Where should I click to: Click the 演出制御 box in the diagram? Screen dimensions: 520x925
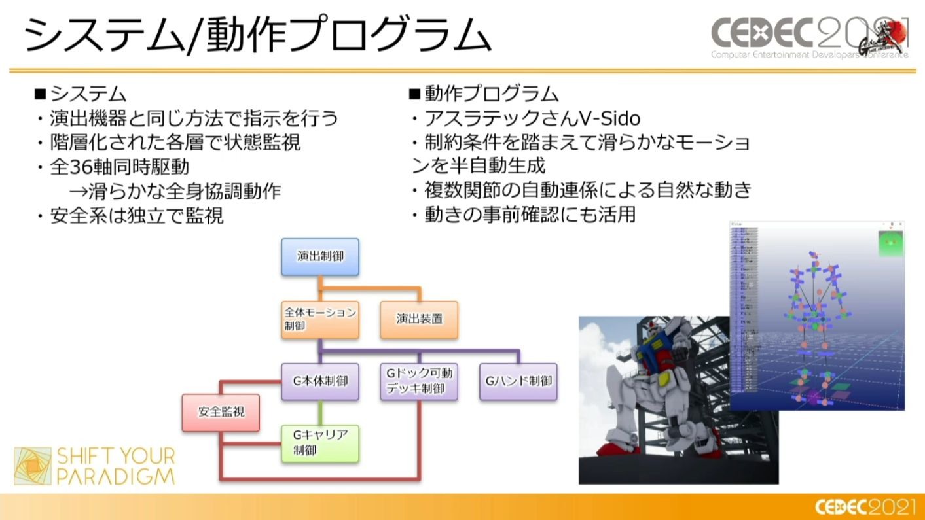click(x=320, y=256)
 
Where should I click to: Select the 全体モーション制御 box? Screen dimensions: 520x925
click(x=320, y=319)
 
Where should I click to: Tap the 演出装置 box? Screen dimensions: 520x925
click(x=419, y=319)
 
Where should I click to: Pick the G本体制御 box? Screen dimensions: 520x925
click(x=320, y=381)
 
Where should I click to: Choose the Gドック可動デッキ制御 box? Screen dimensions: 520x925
click(x=419, y=381)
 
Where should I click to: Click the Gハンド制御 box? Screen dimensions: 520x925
click(x=518, y=381)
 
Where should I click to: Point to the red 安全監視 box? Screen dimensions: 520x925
click(x=221, y=412)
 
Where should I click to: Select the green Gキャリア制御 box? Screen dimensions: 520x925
click(x=320, y=443)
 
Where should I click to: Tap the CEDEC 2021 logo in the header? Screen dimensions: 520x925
click(x=810, y=36)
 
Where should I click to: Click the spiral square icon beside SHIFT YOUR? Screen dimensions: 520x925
click(x=33, y=466)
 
